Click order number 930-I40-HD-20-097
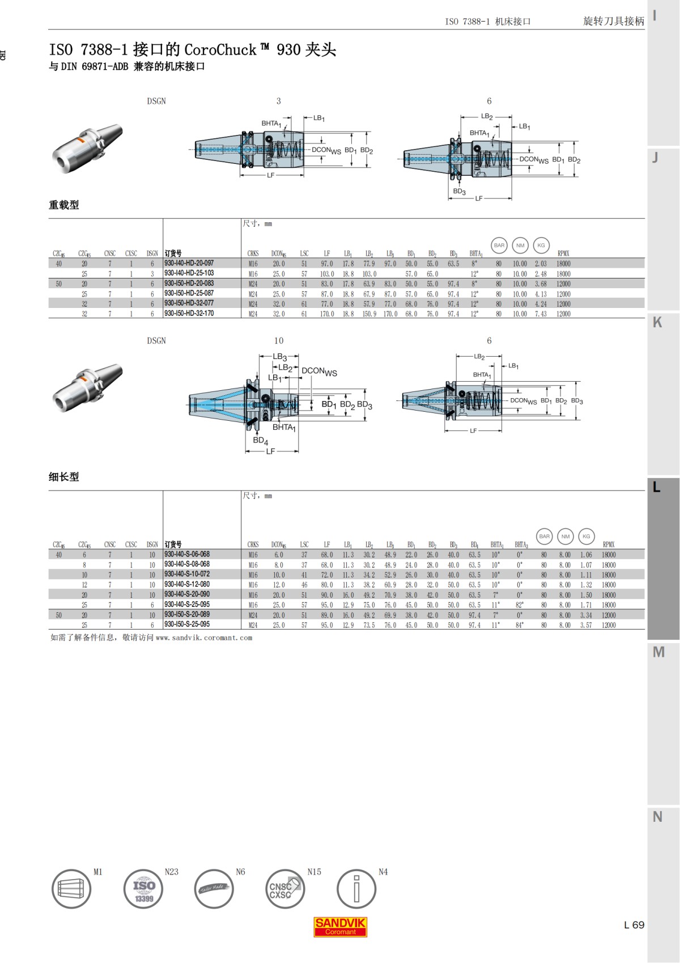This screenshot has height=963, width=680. tap(189, 263)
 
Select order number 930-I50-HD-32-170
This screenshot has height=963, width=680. tap(189, 313)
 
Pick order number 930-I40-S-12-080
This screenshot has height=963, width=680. tap(186, 584)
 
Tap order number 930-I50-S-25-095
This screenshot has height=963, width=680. tap(186, 624)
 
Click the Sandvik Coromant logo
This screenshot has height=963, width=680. tap(341, 927)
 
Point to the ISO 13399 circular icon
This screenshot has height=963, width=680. tap(143, 889)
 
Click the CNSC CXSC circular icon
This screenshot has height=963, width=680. tap(285, 889)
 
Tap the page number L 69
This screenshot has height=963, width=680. tap(634, 925)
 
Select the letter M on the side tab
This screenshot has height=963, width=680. tap(658, 652)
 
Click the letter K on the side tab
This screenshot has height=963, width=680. tap(657, 323)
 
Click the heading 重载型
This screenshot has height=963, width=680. tap(64, 205)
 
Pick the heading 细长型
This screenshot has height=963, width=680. tap(64, 477)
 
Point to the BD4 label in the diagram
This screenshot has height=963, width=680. tap(260, 440)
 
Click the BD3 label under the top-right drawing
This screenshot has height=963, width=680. tap(459, 192)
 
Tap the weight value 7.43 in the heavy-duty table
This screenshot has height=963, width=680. tap(541, 314)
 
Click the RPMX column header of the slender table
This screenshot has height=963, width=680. tap(608, 544)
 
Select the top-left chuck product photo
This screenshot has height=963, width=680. tap(87, 149)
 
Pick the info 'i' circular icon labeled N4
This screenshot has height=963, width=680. tap(356, 889)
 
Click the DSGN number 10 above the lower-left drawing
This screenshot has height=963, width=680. tap(279, 341)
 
